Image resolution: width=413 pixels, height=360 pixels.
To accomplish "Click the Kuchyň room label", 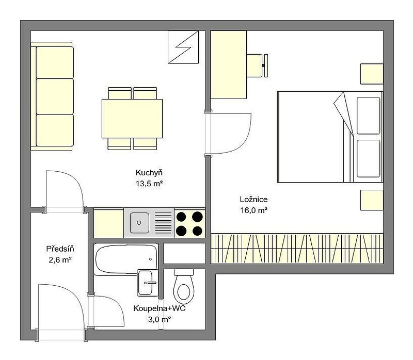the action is [x=149, y=173].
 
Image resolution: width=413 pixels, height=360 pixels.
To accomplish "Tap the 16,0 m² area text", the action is [x=254, y=210].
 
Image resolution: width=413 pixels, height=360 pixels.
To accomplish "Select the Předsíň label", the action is [x=60, y=249].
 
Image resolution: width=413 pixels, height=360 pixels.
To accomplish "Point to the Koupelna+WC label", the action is [x=160, y=308].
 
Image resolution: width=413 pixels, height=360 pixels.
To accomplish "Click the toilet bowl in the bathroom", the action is [x=184, y=287].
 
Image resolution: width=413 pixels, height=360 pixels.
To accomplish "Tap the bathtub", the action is [x=126, y=259].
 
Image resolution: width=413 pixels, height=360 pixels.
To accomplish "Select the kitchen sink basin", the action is [x=139, y=223].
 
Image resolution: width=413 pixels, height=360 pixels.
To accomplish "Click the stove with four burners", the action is [x=189, y=223].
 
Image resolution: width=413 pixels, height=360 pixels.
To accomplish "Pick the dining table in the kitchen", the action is [x=132, y=119].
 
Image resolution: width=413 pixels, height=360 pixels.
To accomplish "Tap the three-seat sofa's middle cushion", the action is [x=55, y=96].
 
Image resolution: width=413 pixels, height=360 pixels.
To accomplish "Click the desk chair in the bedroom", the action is [x=257, y=66].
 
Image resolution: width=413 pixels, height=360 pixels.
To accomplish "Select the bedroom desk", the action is [x=229, y=65].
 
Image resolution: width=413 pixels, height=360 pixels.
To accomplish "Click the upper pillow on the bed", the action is [x=369, y=116].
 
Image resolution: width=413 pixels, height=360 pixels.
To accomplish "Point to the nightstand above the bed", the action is [x=372, y=74].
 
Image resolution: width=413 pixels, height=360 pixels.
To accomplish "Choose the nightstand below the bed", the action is [x=372, y=200].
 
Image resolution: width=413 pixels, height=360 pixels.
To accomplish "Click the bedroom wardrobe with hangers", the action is [x=297, y=249].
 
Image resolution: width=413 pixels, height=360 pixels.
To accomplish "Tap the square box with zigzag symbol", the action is [x=183, y=47].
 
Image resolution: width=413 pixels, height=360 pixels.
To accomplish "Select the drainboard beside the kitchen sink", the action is [x=163, y=223].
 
